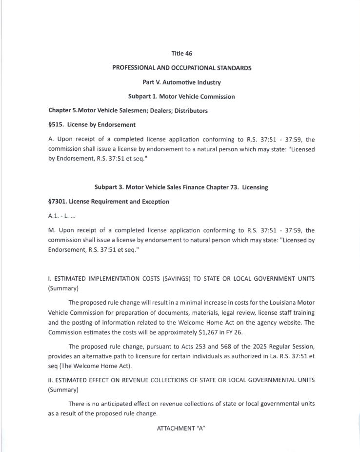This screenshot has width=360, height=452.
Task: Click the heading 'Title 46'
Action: [x=181, y=53]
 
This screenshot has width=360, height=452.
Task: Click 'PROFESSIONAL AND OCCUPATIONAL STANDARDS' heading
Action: [x=181, y=68]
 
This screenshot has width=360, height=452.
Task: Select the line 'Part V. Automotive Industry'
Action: [x=181, y=82]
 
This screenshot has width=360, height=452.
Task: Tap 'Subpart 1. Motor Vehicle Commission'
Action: [x=181, y=96]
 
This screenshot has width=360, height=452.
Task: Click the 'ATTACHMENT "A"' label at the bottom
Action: [x=180, y=428]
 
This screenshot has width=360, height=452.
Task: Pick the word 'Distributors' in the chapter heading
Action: [x=191, y=110]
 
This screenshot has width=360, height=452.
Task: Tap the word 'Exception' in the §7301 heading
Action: [x=155, y=202]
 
